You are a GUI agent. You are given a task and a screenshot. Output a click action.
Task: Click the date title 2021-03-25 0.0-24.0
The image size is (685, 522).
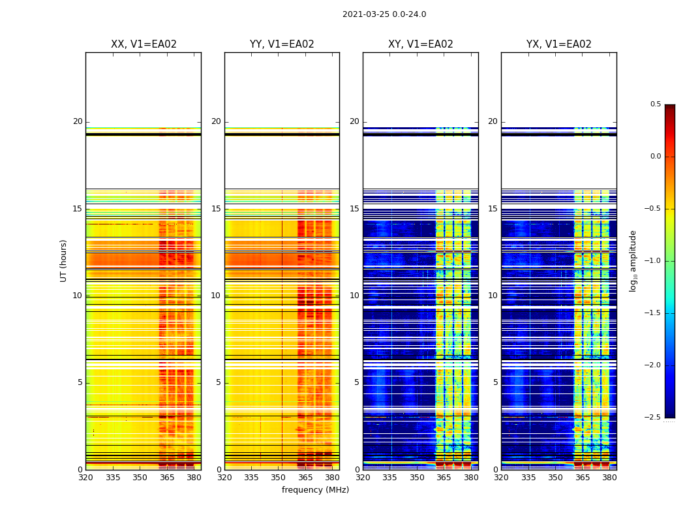(384, 14)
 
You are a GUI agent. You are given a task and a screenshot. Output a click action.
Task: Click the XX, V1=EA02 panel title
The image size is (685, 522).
(144, 44)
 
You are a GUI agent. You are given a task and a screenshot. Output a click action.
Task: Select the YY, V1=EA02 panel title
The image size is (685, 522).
(282, 44)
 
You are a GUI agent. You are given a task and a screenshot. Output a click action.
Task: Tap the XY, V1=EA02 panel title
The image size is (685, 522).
(421, 44)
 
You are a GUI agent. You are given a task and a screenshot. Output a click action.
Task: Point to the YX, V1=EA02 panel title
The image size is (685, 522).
(559, 44)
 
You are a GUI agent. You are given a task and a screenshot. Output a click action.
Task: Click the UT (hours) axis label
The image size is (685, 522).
(64, 260)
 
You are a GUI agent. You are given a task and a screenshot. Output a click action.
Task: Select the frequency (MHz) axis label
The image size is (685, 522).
(315, 490)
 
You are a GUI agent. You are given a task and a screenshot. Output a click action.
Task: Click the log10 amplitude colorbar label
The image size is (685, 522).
(633, 260)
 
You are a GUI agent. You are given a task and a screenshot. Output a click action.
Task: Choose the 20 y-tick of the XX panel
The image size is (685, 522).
(78, 121)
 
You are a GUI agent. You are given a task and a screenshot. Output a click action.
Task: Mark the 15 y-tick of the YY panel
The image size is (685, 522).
(217, 209)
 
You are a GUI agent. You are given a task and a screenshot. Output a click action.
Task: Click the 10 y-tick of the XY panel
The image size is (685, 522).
(354, 296)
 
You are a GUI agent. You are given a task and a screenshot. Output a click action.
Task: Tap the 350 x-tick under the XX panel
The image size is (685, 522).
(140, 478)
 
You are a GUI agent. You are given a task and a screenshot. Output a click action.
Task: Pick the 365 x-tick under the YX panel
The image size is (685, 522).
(582, 478)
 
